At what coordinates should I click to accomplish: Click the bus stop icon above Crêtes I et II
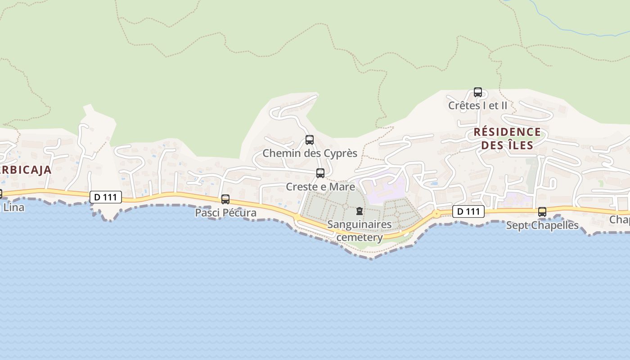[x=478, y=92]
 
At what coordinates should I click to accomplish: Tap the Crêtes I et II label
[x=477, y=106]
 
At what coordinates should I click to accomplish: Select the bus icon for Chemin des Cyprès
[x=310, y=140]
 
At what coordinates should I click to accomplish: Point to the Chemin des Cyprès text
[x=310, y=153]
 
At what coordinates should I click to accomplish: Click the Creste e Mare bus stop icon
[x=320, y=173]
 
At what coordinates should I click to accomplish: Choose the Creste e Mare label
[x=320, y=187]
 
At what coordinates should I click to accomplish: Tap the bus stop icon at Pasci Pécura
[x=225, y=199]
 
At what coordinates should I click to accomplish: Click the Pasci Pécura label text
[x=225, y=213]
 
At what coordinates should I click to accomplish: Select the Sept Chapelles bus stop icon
[x=542, y=212]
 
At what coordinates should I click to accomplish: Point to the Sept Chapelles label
[x=542, y=225]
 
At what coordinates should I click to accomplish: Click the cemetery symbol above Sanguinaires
[x=360, y=211]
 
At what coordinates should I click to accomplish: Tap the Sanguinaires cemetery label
[x=360, y=230]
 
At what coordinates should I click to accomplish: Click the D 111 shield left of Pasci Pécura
[x=106, y=197]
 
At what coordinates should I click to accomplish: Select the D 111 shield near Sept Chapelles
[x=468, y=211]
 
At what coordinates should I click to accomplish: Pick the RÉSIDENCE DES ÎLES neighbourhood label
[x=507, y=139]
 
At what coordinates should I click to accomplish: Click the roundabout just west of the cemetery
[x=297, y=217]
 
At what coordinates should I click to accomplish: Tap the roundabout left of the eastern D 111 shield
[x=436, y=214]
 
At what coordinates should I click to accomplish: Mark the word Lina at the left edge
[x=13, y=208]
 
